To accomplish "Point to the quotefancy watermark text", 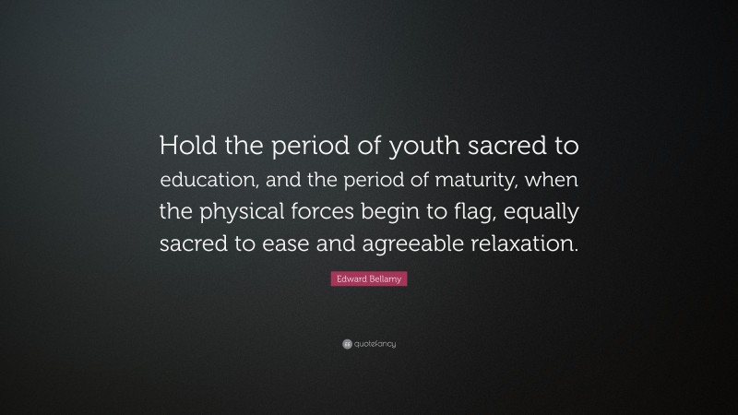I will click(375, 344).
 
